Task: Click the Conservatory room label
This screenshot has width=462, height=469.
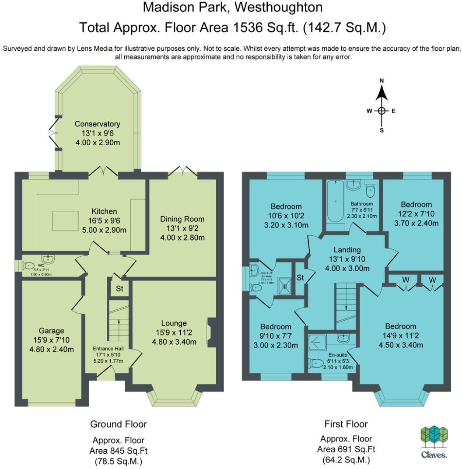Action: [97, 124]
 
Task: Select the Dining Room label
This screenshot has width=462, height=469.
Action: [182, 219]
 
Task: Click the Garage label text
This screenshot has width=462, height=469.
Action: [51, 331]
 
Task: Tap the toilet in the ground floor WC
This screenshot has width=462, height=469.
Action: [29, 265]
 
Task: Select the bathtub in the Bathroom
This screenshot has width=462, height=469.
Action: [336, 202]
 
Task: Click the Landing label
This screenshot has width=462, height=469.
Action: [347, 250]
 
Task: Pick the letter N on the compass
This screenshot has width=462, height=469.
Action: [381, 80]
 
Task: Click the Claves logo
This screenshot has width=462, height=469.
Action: [434, 442]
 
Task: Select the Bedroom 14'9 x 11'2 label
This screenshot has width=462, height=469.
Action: [400, 326]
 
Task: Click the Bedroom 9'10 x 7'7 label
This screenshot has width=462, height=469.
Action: [276, 327]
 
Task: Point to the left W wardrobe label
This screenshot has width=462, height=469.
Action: [406, 280]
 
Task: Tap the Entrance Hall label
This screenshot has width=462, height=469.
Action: [108, 349]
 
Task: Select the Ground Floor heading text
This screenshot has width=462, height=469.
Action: [118, 424]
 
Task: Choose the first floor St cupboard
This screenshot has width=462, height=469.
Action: [301, 278]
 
